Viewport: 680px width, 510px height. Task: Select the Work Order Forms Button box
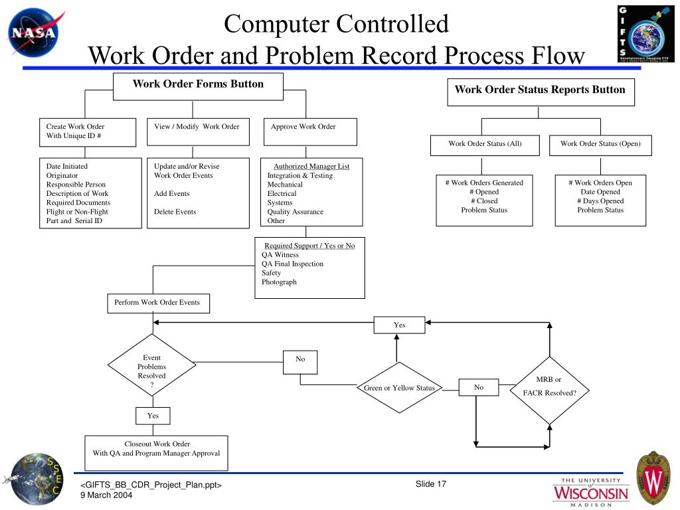point(198,86)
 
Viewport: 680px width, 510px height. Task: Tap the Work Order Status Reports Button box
point(540,92)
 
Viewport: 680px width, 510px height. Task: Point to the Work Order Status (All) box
point(485,145)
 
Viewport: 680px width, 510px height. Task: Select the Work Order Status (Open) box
point(600,145)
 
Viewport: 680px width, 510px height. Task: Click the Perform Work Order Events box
point(157,303)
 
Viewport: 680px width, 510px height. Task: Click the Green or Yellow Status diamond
point(399,388)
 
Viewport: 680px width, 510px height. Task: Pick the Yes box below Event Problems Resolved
point(153,416)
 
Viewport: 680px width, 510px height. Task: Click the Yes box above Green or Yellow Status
point(399,325)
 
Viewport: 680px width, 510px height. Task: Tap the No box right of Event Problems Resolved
point(300,361)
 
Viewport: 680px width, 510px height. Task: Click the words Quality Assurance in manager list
point(296,212)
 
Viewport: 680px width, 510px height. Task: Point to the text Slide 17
point(431,483)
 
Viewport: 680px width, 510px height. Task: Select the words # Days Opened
point(600,201)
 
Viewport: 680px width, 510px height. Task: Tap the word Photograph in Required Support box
point(279,282)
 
